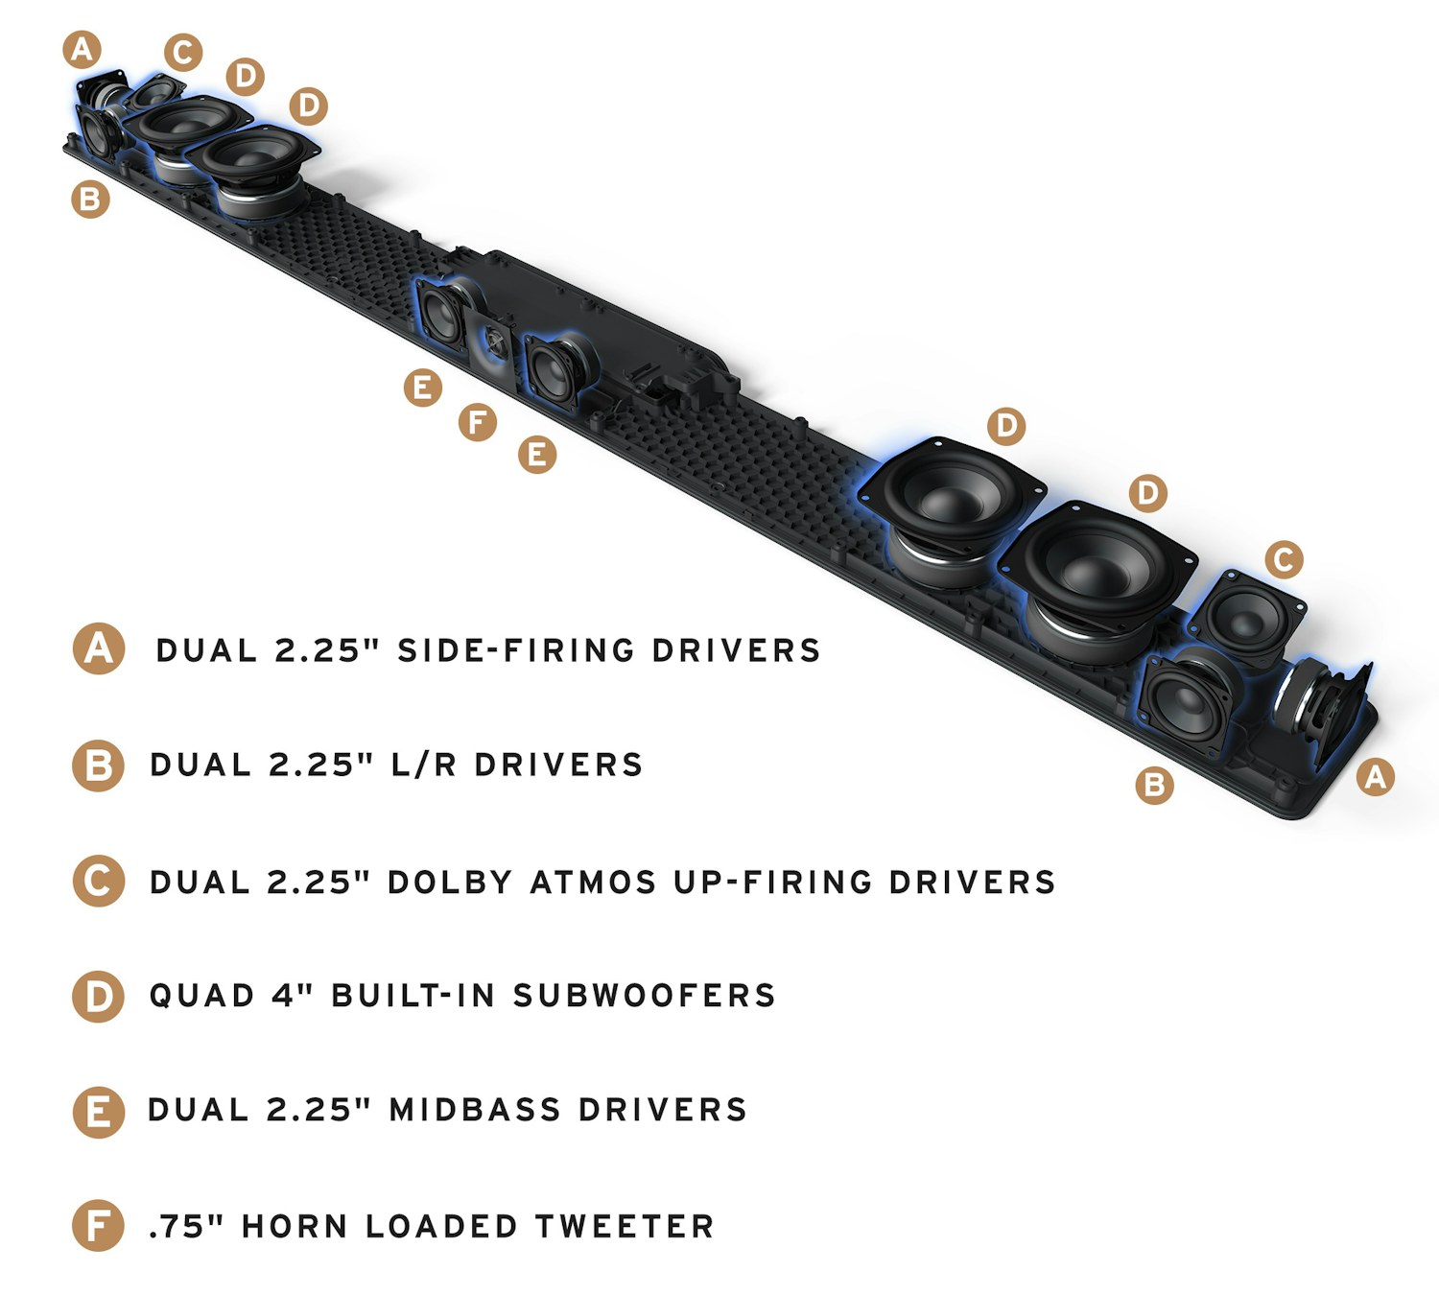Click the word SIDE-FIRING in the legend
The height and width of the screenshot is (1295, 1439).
[515, 650]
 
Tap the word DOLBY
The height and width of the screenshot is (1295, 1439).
[449, 882]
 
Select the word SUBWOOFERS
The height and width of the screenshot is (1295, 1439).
[644, 996]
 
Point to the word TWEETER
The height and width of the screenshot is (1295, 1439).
[624, 1226]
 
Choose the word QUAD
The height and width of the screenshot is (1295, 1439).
[201, 996]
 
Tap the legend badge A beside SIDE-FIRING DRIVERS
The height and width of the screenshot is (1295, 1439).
[99, 649]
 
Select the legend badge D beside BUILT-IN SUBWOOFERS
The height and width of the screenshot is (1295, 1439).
[99, 997]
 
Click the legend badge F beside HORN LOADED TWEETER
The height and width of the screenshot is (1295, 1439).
[98, 1226]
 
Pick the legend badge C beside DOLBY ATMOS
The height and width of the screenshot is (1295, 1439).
[99, 882]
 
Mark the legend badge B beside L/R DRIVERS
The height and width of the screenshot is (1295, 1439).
[99, 765]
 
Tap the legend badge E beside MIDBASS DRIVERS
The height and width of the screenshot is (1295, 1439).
[99, 1112]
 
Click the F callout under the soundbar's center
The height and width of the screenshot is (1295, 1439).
[478, 421]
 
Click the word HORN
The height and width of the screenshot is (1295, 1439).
[294, 1226]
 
